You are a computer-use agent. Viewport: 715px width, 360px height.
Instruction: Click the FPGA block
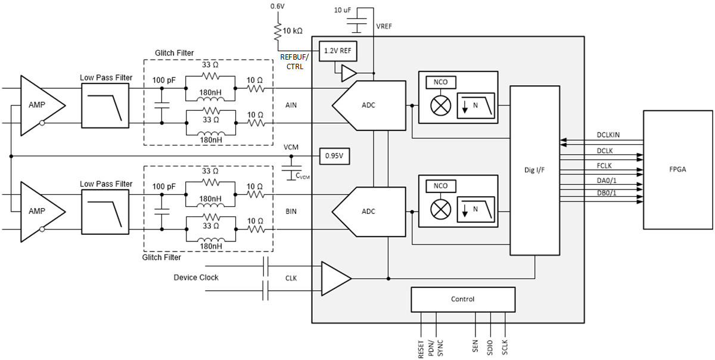677,169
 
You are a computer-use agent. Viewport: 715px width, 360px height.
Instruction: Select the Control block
462,299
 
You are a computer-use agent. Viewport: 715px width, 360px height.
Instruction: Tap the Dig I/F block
534,170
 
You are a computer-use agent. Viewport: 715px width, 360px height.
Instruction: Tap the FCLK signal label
604,166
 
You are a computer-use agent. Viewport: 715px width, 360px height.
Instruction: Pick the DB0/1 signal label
607,193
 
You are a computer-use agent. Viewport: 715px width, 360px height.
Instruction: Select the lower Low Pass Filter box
105,211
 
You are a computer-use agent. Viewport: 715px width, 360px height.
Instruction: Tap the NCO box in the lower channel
441,186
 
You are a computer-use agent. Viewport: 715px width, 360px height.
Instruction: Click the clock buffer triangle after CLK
334,278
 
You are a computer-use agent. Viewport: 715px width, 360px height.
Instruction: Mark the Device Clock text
196,278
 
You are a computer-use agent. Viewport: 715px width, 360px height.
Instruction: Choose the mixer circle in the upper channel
441,105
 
